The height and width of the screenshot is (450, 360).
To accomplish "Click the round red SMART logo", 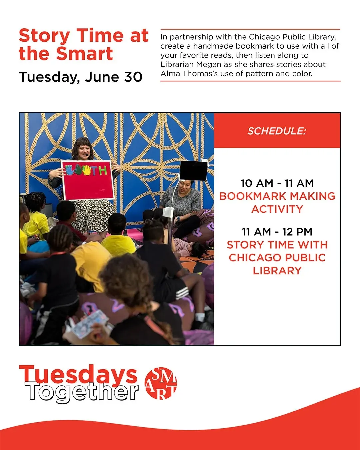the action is pyautogui.click(x=161, y=383).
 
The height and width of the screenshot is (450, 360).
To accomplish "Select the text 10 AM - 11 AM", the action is pyautogui.click(x=277, y=183).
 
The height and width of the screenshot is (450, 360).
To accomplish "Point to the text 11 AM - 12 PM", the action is pyautogui.click(x=277, y=232).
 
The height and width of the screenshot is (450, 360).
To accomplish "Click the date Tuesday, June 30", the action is pyautogui.click(x=81, y=77).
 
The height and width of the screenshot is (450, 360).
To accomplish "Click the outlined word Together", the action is pyautogui.click(x=82, y=392).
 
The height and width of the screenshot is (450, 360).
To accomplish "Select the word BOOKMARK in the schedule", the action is pyautogui.click(x=253, y=196).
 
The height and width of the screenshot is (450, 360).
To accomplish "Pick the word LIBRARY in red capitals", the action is pyautogui.click(x=277, y=271).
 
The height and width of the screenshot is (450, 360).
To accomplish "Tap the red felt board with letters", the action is pyautogui.click(x=88, y=180).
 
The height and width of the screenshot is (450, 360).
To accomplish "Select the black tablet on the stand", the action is pyautogui.click(x=193, y=170).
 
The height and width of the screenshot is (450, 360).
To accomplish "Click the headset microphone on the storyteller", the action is pyautogui.click(x=88, y=155).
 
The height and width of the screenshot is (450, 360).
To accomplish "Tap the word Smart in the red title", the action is pyautogui.click(x=85, y=54).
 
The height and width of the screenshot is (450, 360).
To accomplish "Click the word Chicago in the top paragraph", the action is pyautogui.click(x=264, y=37).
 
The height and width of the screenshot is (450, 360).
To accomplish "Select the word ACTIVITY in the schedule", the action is pyautogui.click(x=277, y=209).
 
